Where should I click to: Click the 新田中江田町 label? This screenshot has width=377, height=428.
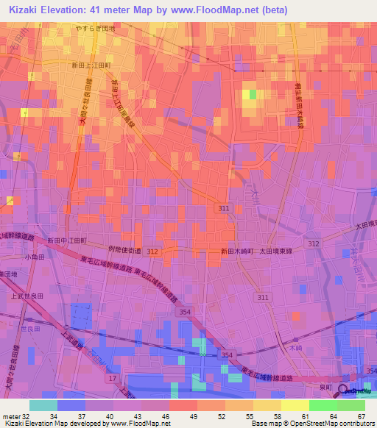[x=67, y=240]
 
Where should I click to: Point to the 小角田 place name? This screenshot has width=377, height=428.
[x=34, y=257]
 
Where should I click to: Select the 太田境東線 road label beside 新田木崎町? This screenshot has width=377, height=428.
[x=276, y=252]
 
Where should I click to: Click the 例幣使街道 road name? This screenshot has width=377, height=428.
[x=124, y=250]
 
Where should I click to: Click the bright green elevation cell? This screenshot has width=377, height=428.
[x=253, y=94]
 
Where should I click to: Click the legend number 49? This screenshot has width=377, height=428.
[x=183, y=416]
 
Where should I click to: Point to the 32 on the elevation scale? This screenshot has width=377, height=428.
[x=27, y=416]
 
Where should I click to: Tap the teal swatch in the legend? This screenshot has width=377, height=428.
[x=43, y=405]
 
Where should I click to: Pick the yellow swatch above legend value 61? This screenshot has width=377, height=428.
[x=295, y=405]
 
